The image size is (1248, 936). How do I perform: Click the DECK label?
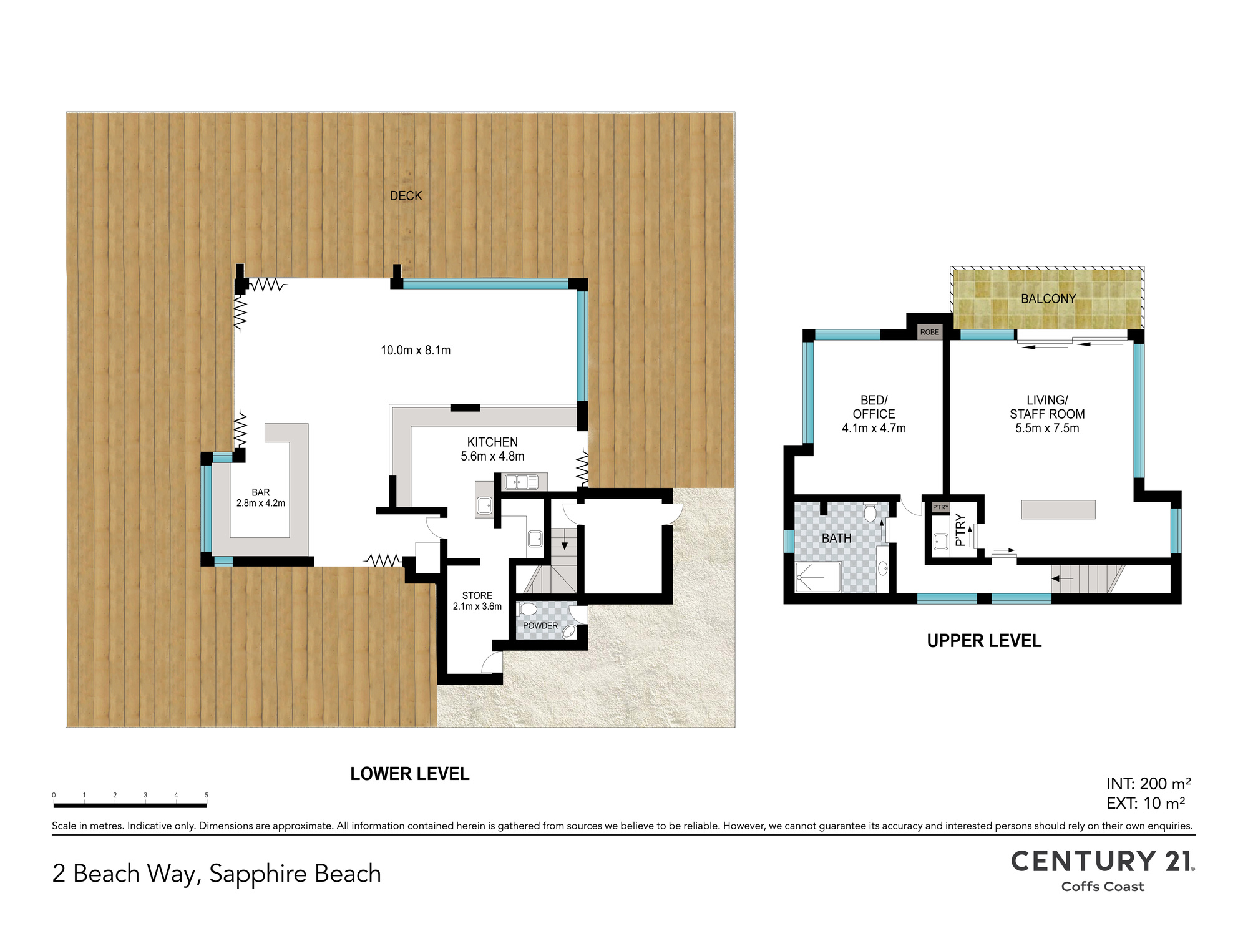(x=406, y=196)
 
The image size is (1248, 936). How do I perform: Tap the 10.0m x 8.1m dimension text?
(x=416, y=350)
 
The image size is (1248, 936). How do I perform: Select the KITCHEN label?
(x=492, y=442)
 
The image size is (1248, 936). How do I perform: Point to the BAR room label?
(x=261, y=492)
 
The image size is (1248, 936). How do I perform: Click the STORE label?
(x=477, y=595)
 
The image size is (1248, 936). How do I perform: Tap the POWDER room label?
(x=540, y=625)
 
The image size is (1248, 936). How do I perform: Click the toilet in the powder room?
(x=527, y=609)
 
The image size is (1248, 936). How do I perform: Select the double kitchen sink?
(x=522, y=482)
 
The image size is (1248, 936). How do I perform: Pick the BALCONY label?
(x=1048, y=299)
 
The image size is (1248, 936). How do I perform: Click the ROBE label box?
(x=929, y=332)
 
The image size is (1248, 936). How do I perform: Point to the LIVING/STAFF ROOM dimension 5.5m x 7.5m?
(x=1047, y=428)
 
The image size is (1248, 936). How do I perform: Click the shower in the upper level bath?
(x=818, y=577)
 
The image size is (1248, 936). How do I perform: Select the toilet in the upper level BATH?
(x=870, y=512)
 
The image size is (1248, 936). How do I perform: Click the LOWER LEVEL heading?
(x=409, y=774)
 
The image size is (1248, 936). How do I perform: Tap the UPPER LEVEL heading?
(x=984, y=641)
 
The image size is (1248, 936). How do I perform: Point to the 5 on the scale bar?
(x=207, y=795)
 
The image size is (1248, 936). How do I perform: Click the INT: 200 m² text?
(x=1149, y=784)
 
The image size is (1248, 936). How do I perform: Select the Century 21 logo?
(x=1103, y=870)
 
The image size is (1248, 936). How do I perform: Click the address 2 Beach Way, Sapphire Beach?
(x=217, y=874)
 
